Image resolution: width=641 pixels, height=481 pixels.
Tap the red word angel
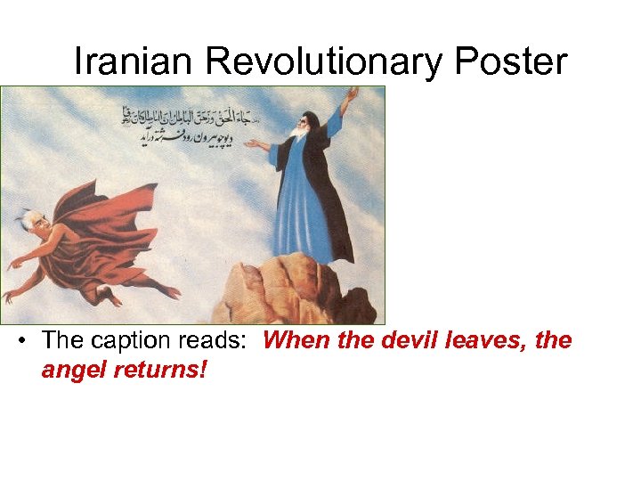tap(74, 369)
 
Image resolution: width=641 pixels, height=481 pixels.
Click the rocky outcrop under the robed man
tap(285, 289)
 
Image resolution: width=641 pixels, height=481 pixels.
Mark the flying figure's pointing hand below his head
tap(15, 264)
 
